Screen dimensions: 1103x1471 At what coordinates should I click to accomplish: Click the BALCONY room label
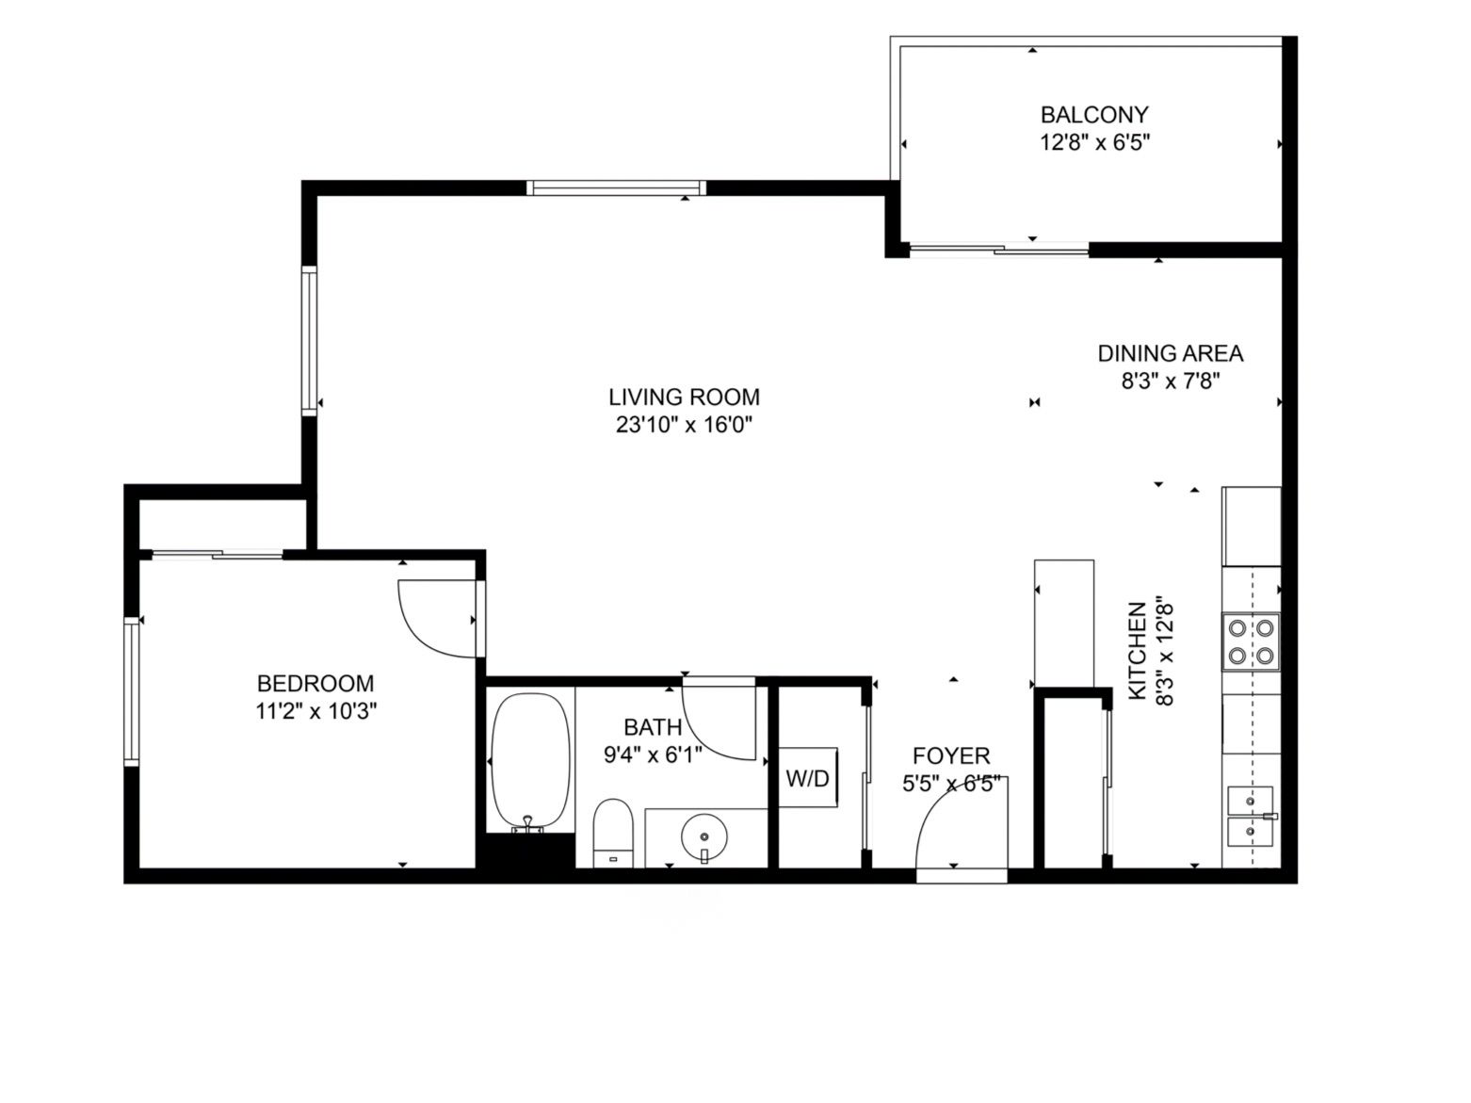(x=1094, y=115)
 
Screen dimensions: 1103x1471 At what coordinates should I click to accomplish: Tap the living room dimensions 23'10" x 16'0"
(x=684, y=425)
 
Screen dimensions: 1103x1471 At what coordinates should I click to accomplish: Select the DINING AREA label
(x=1170, y=353)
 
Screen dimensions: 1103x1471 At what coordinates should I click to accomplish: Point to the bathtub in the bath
(x=530, y=759)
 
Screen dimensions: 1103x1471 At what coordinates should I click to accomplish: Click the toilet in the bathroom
(x=613, y=831)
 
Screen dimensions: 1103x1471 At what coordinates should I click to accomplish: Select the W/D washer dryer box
(x=808, y=778)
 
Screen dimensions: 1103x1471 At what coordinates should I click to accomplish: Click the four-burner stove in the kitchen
(x=1252, y=641)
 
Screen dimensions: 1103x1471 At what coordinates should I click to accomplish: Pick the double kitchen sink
(x=1251, y=816)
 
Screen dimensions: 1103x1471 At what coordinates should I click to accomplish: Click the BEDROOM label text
(x=315, y=683)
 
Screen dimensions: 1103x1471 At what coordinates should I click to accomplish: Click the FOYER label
(x=951, y=755)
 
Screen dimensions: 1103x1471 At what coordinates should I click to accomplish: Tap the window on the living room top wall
(x=616, y=187)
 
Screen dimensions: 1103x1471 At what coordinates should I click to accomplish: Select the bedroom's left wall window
(x=131, y=690)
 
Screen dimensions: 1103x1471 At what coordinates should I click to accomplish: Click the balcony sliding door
(x=998, y=250)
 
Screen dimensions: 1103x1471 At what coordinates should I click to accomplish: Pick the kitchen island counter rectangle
(x=1064, y=623)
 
